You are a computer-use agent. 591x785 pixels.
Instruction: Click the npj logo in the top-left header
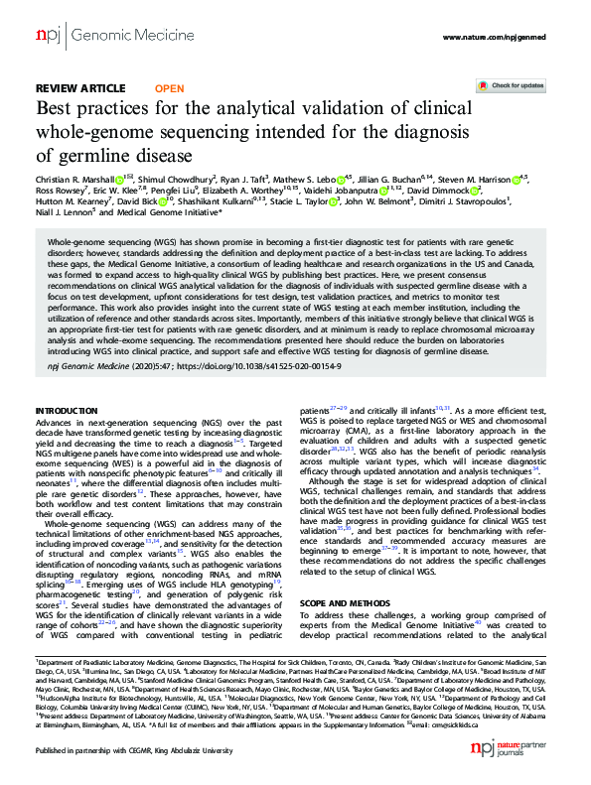coord(48,37)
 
